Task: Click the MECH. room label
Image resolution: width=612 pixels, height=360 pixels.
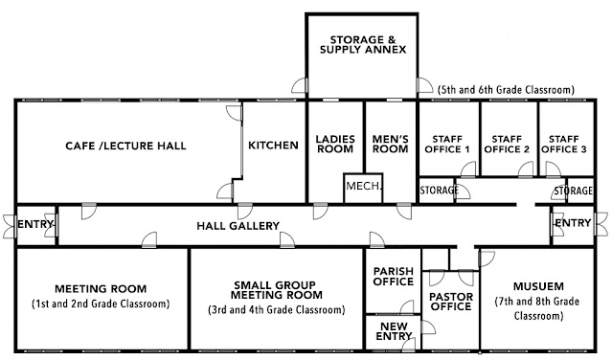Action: pos(363,186)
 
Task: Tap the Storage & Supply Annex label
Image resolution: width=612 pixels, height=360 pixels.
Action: pos(363,44)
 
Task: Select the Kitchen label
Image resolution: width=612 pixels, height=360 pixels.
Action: pos(273,146)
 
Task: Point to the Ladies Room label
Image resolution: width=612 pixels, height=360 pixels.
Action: pos(335,144)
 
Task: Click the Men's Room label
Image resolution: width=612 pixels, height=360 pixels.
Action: pos(391,144)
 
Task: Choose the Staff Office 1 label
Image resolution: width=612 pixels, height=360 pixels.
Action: pos(447,145)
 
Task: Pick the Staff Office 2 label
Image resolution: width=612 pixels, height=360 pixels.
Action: pos(507,145)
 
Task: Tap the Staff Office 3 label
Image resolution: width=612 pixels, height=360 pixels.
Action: pos(563,145)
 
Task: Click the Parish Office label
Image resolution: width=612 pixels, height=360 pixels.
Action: pos(394,276)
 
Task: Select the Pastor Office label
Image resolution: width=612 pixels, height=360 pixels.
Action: pos(451,302)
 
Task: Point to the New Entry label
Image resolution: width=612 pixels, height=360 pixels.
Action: pos(394,331)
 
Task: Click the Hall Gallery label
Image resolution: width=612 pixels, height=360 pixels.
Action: pos(238,226)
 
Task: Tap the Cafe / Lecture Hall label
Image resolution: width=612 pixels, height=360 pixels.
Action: pos(125,146)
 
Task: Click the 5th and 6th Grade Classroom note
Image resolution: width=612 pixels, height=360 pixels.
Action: pos(507,90)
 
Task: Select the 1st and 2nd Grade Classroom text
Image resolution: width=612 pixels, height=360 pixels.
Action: pos(101,304)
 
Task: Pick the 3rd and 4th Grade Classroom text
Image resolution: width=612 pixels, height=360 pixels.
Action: pos(277,309)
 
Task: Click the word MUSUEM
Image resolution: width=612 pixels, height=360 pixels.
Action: pos(538,286)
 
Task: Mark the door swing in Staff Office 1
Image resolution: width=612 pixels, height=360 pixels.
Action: pos(468,169)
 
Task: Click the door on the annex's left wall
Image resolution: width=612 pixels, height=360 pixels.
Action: pos(300,85)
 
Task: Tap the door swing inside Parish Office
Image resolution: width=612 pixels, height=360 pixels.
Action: pos(407,307)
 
